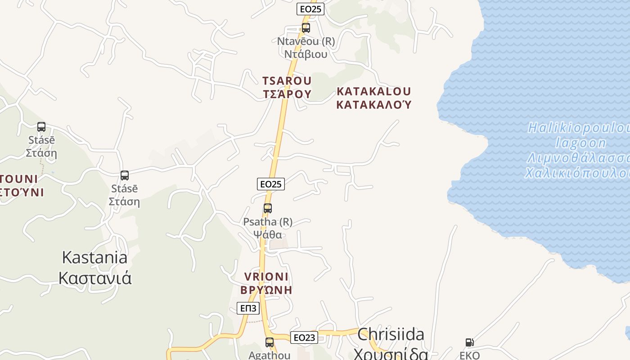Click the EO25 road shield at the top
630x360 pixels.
(x=310, y=9)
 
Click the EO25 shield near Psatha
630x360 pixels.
(x=271, y=184)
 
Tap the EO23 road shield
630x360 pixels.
(x=304, y=337)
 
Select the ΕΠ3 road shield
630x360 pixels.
(x=248, y=308)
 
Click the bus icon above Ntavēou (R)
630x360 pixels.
(x=306, y=28)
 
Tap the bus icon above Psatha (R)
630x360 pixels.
(x=268, y=208)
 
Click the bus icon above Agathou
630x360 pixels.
(x=270, y=342)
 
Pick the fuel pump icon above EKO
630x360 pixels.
(x=469, y=342)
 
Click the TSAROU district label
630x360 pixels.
(x=287, y=81)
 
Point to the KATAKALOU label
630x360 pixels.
(x=373, y=91)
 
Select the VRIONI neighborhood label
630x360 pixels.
(x=266, y=277)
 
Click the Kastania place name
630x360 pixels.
(x=94, y=258)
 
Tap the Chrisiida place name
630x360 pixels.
(x=391, y=334)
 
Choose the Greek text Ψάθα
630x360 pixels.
(x=267, y=235)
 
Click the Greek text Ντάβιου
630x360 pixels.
(x=306, y=54)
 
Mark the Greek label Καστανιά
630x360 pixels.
(x=95, y=278)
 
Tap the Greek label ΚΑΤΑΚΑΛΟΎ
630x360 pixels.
(x=373, y=105)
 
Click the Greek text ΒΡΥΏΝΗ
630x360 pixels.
(x=266, y=290)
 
